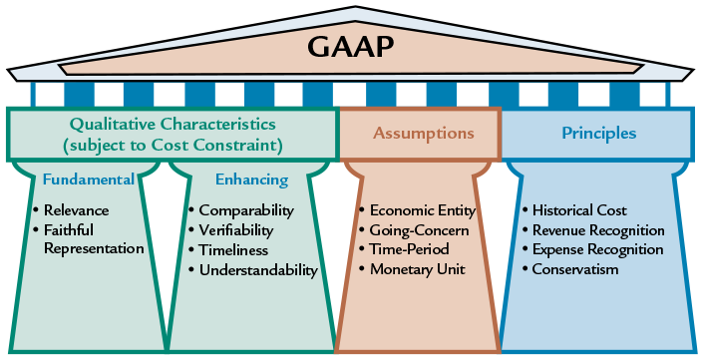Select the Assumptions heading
click(424, 133)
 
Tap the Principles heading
click(598, 133)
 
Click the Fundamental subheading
click(88, 180)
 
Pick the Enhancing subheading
click(252, 180)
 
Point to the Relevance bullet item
click(76, 210)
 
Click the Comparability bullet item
click(246, 210)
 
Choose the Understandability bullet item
click(258, 270)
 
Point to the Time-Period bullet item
click(410, 250)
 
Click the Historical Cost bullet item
click(579, 210)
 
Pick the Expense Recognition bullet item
click(597, 249)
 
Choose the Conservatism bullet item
click(576, 269)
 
